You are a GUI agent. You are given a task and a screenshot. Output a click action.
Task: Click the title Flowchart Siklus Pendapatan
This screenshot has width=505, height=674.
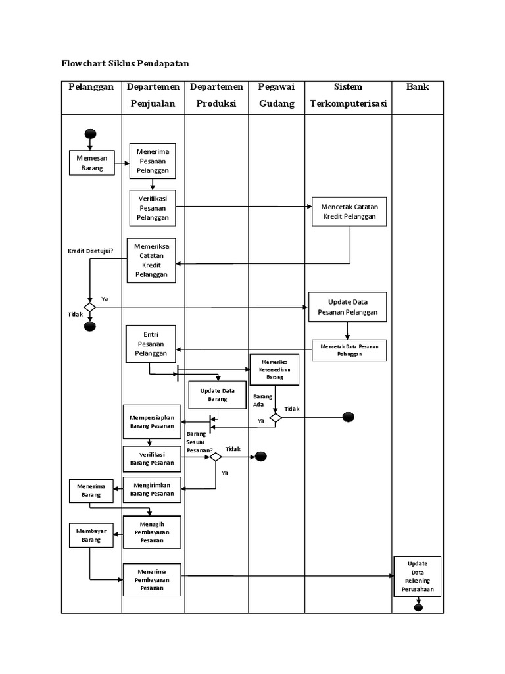tap(124, 64)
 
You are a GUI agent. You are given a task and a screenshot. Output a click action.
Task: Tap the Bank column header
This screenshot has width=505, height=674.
tap(418, 87)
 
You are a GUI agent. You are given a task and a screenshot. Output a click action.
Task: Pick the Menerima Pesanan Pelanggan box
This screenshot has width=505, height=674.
tap(153, 161)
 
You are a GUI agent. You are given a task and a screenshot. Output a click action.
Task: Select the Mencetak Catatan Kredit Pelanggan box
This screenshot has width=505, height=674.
tap(350, 211)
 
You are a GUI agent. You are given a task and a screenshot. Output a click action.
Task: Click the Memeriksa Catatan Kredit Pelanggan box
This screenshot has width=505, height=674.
tap(152, 260)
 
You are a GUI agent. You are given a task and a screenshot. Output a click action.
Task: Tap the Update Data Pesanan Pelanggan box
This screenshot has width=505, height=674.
tap(348, 307)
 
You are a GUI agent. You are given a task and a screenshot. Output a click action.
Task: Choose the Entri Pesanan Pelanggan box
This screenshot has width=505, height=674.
tap(151, 344)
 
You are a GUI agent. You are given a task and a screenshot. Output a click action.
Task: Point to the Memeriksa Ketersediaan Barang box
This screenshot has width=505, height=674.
tap(274, 369)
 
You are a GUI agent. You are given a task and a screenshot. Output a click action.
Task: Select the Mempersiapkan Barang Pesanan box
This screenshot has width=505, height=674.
tap(152, 422)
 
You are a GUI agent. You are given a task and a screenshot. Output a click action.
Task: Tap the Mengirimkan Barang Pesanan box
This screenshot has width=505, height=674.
tap(152, 489)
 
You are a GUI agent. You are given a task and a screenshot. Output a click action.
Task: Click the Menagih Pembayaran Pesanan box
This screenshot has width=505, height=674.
tap(152, 531)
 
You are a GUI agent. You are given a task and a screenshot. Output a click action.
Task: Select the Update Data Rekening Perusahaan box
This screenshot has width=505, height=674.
tap(418, 577)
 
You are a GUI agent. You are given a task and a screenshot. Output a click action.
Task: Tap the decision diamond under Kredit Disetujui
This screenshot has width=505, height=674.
tap(90, 307)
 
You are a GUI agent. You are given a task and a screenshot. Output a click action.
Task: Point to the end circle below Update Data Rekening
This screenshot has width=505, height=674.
tap(418, 607)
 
